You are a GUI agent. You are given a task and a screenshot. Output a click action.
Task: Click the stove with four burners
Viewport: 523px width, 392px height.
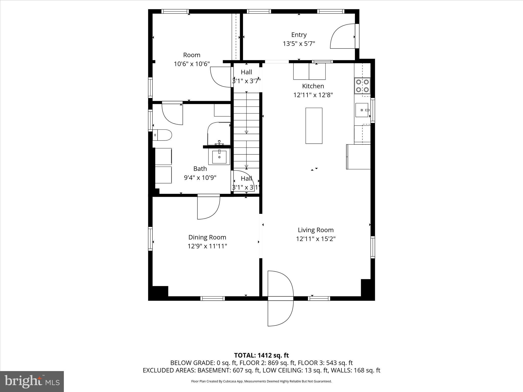pos(362,86)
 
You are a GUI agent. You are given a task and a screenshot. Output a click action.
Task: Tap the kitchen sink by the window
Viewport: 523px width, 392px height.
pos(362,110)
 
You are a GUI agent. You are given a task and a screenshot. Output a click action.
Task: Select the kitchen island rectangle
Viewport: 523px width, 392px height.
pos(314,126)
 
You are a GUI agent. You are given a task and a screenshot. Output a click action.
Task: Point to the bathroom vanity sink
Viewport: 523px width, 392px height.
pos(219,156)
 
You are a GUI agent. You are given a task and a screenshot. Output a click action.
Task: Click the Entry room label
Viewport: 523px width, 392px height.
pos(299,35)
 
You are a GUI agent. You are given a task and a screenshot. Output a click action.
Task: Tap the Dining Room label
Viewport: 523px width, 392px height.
pos(207,237)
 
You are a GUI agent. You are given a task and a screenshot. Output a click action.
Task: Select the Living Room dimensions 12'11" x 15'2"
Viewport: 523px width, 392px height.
pos(316,239)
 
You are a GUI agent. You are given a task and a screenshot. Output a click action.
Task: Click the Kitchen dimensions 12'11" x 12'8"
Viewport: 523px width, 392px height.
pos(313,95)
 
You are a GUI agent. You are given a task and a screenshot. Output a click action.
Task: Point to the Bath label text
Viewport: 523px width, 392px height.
pos(200,169)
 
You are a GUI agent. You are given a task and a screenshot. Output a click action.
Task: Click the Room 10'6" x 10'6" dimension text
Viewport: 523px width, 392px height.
pos(192,64)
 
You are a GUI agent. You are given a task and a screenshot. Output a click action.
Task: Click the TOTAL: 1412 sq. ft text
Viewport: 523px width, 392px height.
pos(261,355)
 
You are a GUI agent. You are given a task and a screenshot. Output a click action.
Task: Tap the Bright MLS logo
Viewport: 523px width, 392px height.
pos(32,381)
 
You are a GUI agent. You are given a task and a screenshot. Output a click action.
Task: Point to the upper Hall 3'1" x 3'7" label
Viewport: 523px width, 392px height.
pos(246,77)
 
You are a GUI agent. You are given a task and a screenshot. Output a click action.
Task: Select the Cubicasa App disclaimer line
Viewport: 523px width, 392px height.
pos(261,381)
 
